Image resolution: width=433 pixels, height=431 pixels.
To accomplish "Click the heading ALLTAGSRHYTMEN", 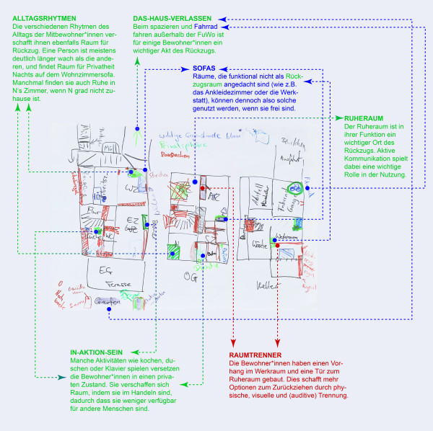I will pos(44,17).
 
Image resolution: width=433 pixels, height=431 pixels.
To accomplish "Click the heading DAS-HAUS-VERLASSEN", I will pos(172,19).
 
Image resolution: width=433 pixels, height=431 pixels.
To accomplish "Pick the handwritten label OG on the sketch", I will pos(190,275).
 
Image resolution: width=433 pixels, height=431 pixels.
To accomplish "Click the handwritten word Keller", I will pos(269,286).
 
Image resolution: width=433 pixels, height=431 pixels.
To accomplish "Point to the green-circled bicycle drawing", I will pos(294,187).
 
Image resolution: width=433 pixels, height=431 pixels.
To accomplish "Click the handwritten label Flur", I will pos(93,210).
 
